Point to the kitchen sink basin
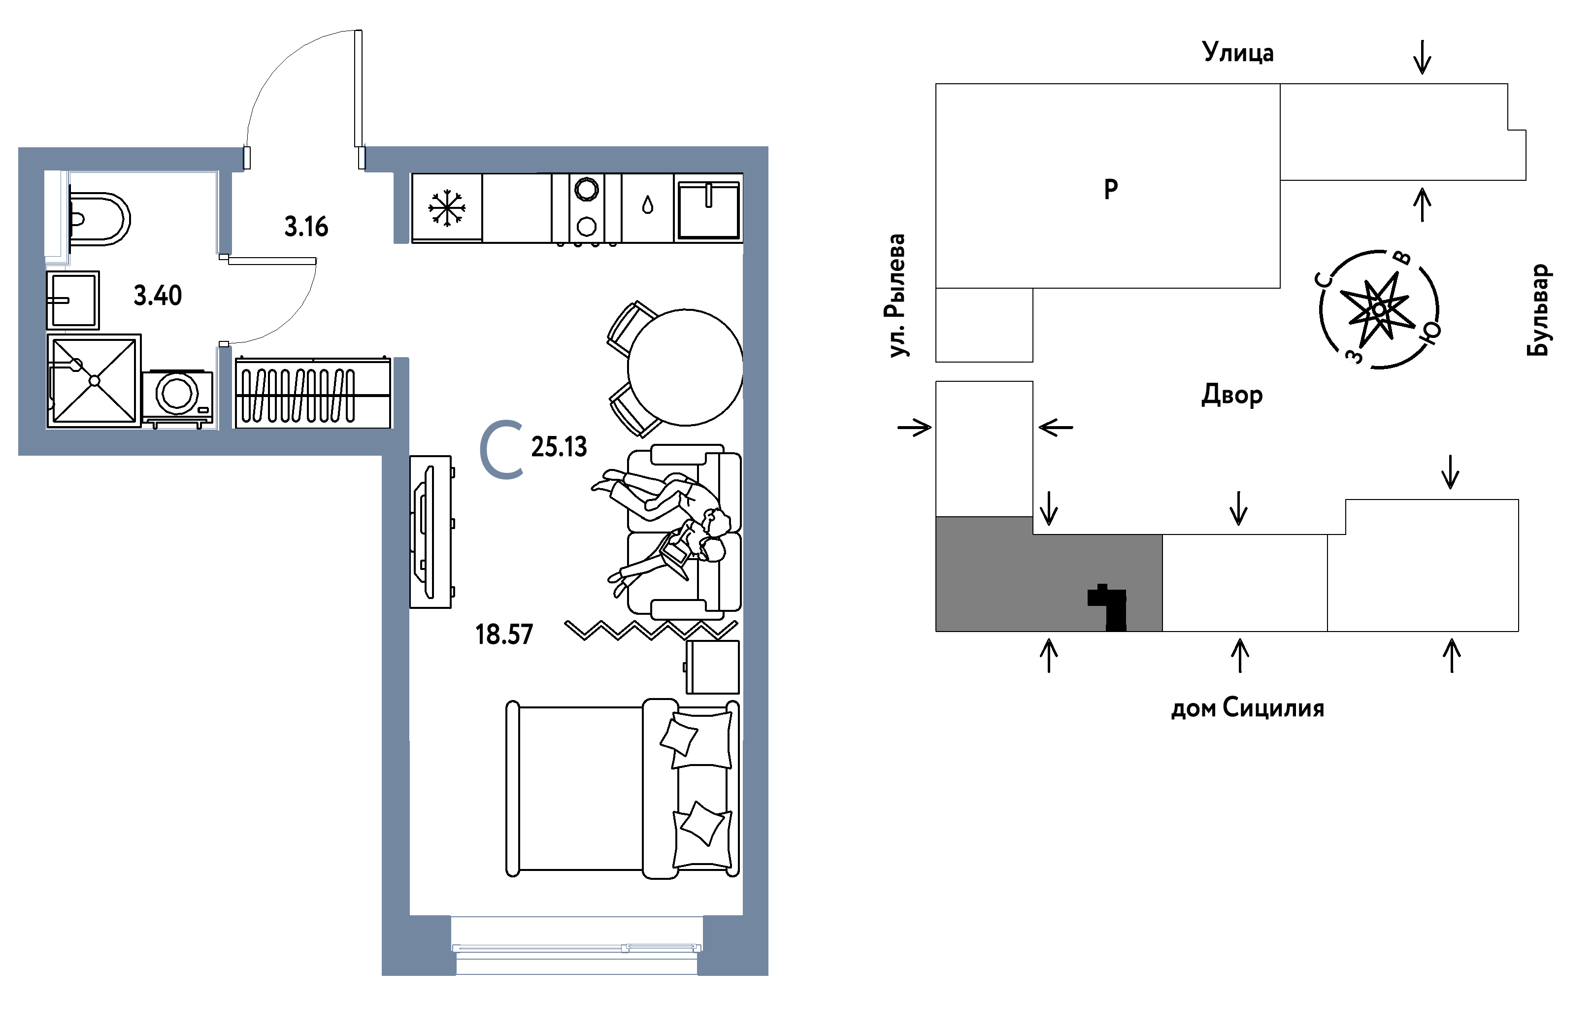pyautogui.click(x=708, y=208)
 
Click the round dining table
pyautogui.click(x=685, y=367)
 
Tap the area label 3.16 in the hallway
pyautogui.click(x=306, y=227)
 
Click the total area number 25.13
pyautogui.click(x=559, y=446)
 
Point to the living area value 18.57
pyautogui.click(x=504, y=634)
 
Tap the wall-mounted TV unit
pyautogui.click(x=431, y=532)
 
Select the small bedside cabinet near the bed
pyautogui.click(x=712, y=667)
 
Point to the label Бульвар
pyautogui.click(x=1538, y=310)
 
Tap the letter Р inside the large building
pyautogui.click(x=1110, y=190)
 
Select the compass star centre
pyautogui.click(x=1379, y=310)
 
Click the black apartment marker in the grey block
pyautogui.click(x=1108, y=608)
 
